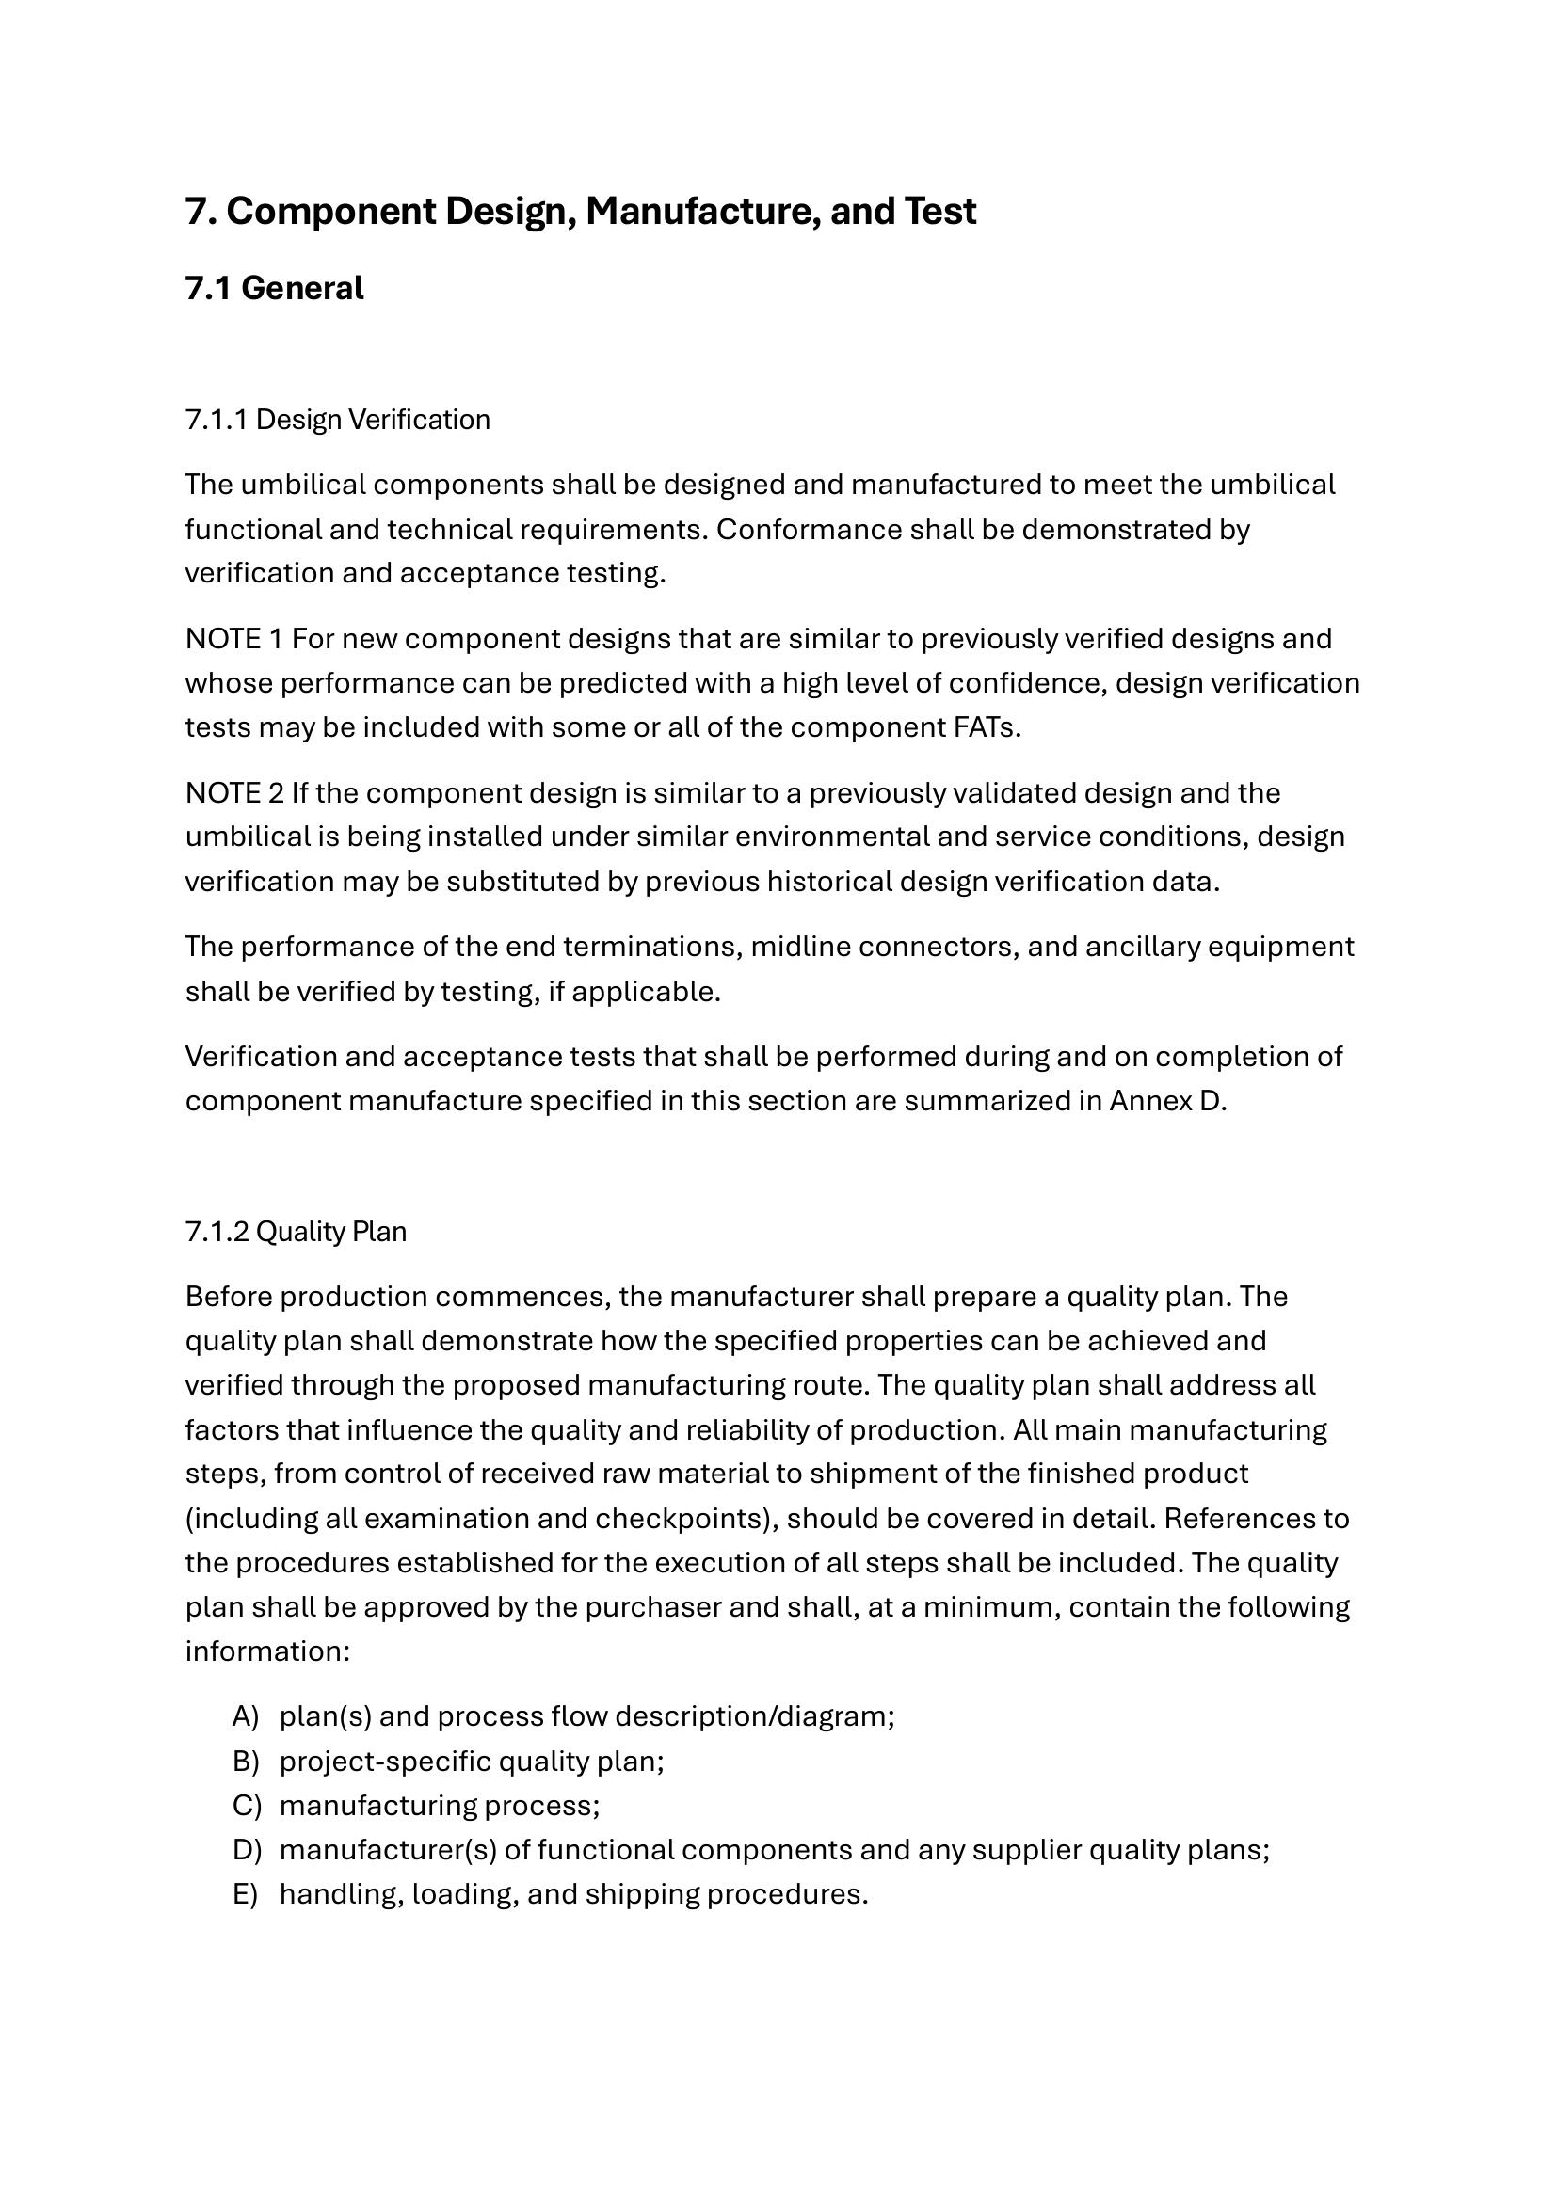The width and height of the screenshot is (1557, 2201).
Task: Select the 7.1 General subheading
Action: pyautogui.click(x=274, y=289)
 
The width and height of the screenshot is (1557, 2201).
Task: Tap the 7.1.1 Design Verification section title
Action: pyautogui.click(x=338, y=420)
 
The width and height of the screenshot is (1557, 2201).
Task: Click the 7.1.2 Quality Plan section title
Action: pyautogui.click(x=296, y=1232)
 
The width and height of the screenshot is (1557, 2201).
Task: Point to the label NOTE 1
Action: pyautogui.click(x=234, y=639)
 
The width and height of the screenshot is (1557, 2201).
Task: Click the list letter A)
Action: pyautogui.click(x=246, y=1717)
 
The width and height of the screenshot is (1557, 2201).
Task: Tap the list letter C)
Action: pyautogui.click(x=247, y=1806)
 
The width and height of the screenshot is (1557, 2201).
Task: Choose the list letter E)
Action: pyautogui.click(x=246, y=1895)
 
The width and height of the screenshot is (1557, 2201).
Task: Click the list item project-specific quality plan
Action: pyautogui.click(x=471, y=1762)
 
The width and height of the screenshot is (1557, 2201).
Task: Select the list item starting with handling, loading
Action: pyautogui.click(x=573, y=1895)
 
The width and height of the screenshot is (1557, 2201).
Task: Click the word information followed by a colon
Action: pyautogui.click(x=266, y=1651)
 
